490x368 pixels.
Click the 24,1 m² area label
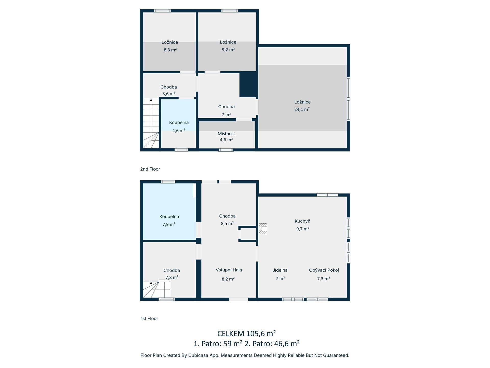pos(302,109)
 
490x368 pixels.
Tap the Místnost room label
pos(226,134)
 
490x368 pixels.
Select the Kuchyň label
pos(302,221)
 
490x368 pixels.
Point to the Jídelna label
pos(280,270)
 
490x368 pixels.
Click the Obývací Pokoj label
pos(324,270)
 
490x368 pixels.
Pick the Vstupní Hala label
pos(229,270)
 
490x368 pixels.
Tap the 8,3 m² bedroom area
pos(170,50)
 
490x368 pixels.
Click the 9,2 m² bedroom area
pos(228,50)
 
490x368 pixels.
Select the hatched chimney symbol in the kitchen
pos(263,228)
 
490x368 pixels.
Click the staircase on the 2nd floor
pos(151,123)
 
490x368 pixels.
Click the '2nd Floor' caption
pos(150,169)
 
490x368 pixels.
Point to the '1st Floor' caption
pos(149,319)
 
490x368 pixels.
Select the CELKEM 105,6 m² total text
pos(247,333)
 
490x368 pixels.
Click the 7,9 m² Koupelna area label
pos(169,225)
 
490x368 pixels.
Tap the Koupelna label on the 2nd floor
pos(179,123)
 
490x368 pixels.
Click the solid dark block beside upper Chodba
pos(248,84)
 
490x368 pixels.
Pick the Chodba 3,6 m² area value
pos(169,94)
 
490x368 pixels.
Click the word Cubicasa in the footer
pos(198,355)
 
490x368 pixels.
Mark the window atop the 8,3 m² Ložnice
pos(162,11)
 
